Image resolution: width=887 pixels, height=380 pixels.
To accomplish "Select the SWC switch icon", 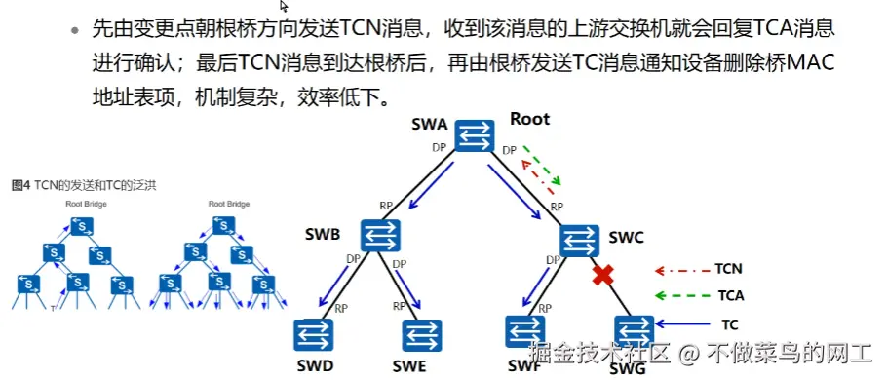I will pyautogui.click(x=582, y=238).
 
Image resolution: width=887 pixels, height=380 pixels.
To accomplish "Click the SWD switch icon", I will pyautogui.click(x=314, y=335).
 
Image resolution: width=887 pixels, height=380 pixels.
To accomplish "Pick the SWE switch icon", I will pyautogui.click(x=423, y=335).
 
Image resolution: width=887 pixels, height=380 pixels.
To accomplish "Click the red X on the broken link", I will pyautogui.click(x=603, y=276).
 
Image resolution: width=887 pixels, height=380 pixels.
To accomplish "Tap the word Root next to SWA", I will pyautogui.click(x=529, y=120).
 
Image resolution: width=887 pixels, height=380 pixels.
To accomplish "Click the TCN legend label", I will pyautogui.click(x=728, y=267).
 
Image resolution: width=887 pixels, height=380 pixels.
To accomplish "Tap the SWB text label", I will pyautogui.click(x=322, y=236).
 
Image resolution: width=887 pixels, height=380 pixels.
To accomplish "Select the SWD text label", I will pyautogui.click(x=315, y=366).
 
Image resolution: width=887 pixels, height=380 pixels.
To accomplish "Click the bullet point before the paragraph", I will pyautogui.click(x=74, y=30).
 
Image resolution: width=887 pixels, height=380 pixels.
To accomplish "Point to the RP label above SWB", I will pyautogui.click(x=386, y=206).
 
